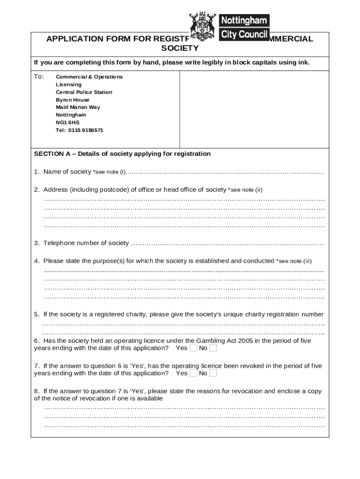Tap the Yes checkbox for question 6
tap(193, 348)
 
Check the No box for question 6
tap(213, 348)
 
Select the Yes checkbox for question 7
tap(193, 373)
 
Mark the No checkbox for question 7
tap(213, 373)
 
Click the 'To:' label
tap(39, 76)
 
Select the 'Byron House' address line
tap(72, 100)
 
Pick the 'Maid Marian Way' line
tap(78, 107)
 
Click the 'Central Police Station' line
tap(84, 92)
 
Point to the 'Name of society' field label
tap(67, 172)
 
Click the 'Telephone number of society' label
tap(86, 243)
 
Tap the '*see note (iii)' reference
tap(294, 261)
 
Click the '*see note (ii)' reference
tap(245, 190)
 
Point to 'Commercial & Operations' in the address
tap(89, 77)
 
